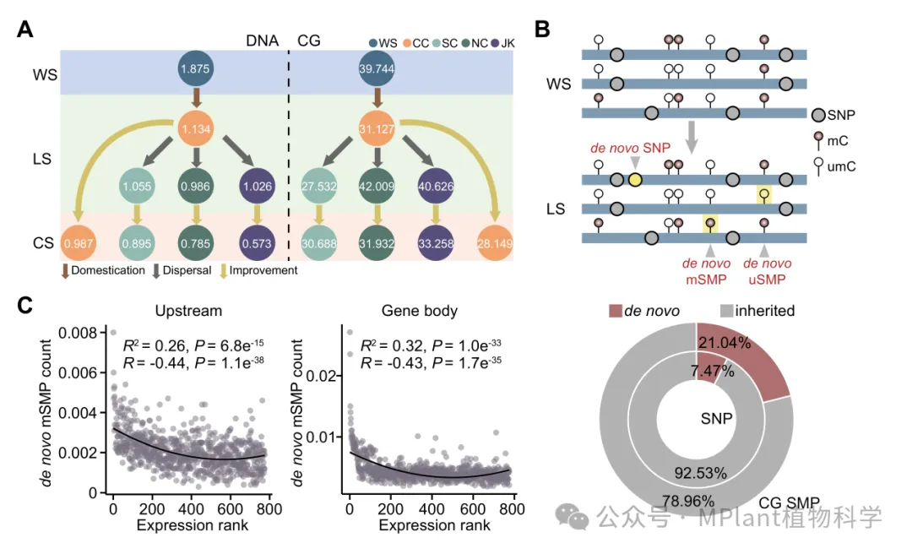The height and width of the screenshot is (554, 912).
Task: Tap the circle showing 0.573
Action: pos(257,243)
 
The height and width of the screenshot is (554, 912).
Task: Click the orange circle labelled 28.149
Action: pos(497,243)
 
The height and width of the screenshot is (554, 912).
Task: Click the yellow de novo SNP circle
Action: pos(634,179)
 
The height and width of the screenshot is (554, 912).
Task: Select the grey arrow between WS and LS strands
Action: pos(692,135)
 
